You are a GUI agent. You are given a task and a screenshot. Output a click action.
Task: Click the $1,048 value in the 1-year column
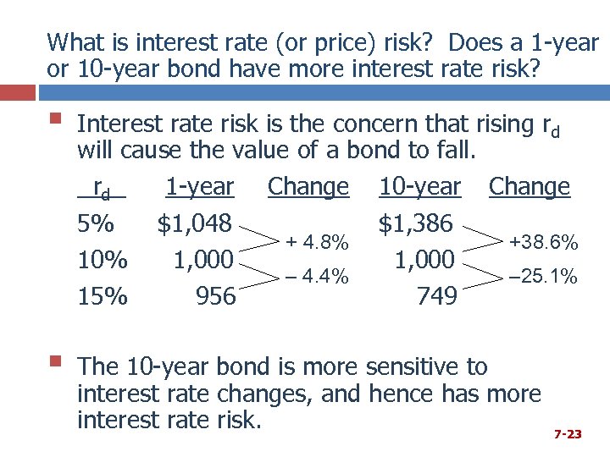(194, 223)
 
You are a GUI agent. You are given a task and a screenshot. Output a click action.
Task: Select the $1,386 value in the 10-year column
(416, 223)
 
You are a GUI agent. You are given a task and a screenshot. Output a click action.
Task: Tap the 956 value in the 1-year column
(215, 296)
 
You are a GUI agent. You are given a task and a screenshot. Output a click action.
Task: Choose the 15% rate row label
(102, 296)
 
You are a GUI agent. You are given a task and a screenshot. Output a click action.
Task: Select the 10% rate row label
(102, 261)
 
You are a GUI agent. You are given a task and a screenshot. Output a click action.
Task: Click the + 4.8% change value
(316, 243)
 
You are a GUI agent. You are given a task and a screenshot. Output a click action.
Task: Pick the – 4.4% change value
(316, 276)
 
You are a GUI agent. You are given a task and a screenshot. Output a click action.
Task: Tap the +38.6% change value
(543, 243)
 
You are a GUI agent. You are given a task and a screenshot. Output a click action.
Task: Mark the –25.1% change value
(543, 276)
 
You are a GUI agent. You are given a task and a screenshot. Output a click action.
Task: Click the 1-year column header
(199, 186)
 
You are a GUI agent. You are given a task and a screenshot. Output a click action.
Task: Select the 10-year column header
(419, 186)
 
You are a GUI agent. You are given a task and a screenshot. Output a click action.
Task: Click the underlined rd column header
(101, 188)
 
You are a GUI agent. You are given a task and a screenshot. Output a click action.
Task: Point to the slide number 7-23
(568, 434)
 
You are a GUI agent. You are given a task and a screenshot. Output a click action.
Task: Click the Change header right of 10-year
(530, 186)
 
